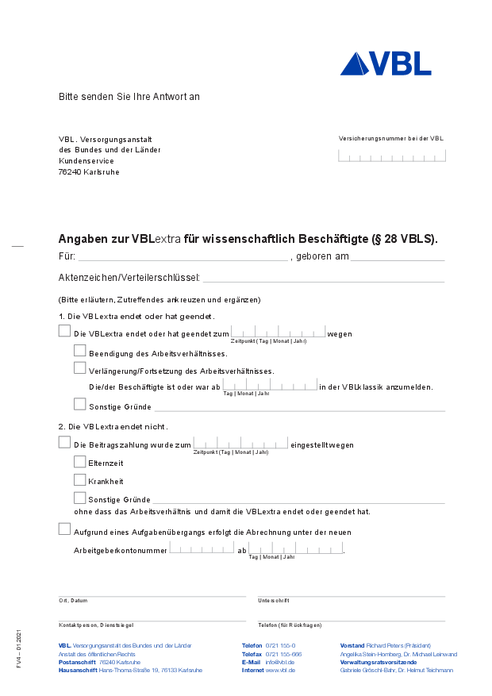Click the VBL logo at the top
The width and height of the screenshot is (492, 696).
pyautogui.click(x=386, y=63)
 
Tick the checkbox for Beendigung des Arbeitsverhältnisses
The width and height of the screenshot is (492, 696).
pyautogui.click(x=79, y=349)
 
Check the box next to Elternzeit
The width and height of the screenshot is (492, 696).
pyautogui.click(x=79, y=461)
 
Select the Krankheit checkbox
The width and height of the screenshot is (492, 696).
pyautogui.click(x=79, y=479)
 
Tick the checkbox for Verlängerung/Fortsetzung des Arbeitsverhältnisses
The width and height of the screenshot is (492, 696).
pyautogui.click(x=79, y=367)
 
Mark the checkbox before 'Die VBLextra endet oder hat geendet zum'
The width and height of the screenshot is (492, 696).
pyautogui.click(x=64, y=331)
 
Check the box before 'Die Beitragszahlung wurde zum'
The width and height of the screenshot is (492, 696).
pyautogui.click(x=64, y=442)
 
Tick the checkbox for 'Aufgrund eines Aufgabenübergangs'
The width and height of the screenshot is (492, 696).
pyautogui.click(x=64, y=529)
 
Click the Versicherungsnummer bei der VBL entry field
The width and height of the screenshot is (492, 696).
pyautogui.click(x=391, y=156)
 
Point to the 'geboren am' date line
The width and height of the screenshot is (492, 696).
pyautogui.click(x=398, y=257)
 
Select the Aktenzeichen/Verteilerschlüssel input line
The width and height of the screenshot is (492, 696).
pyautogui.click(x=323, y=279)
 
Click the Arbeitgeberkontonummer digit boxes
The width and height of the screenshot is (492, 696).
pyautogui.click(x=202, y=548)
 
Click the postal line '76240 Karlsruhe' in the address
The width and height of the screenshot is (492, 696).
pyautogui.click(x=89, y=172)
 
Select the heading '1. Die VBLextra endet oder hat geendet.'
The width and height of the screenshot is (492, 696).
pyautogui.click(x=125, y=316)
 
